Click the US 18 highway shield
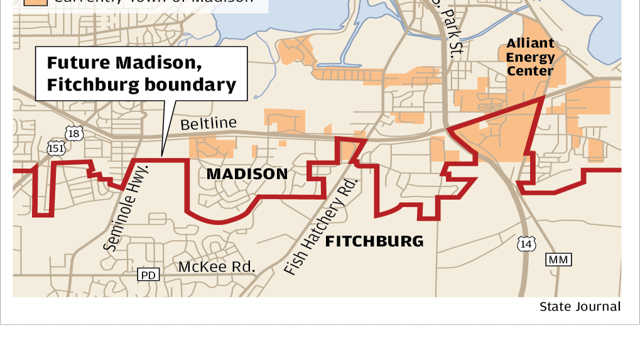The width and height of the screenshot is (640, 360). point(74,133)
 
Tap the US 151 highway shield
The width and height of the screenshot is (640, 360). point(55,148)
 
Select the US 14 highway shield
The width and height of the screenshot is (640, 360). point(526,243)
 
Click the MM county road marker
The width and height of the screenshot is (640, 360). point(559,259)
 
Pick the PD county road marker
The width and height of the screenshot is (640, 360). point(149,275)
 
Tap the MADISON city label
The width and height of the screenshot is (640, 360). point(247,174)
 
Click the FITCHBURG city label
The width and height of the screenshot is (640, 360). point(374,241)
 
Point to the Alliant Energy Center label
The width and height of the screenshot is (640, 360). point(531,57)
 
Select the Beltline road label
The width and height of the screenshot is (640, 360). point(209,124)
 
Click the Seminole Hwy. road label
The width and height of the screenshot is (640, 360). point(125,208)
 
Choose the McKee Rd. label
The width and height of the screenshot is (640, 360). point(217,267)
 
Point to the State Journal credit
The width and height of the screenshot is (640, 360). point(580,307)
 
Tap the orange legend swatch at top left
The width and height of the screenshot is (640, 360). point(36,2)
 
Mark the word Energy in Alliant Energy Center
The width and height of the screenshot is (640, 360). point(531,57)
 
